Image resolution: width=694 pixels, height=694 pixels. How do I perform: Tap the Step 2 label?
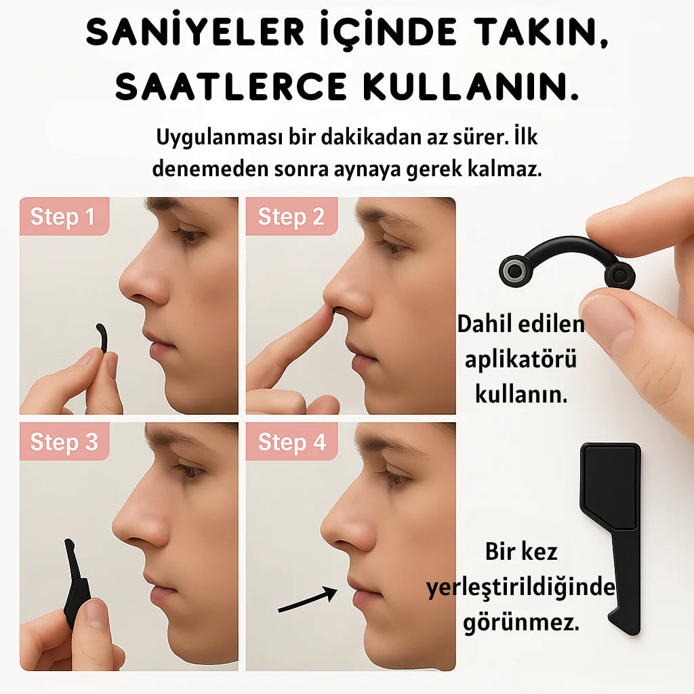[x=291, y=216]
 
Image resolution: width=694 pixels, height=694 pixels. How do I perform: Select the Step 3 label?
[x=64, y=442]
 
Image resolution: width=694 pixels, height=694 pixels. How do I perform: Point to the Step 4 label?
[x=292, y=442]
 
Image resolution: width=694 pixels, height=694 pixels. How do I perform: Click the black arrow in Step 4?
[x=308, y=600]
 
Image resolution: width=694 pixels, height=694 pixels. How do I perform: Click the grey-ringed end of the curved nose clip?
[x=514, y=270]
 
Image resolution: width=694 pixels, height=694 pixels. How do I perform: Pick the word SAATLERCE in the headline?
[x=231, y=87]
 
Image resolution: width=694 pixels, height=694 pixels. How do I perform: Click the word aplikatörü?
[x=520, y=359]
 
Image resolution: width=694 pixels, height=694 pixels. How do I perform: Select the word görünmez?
[x=521, y=622]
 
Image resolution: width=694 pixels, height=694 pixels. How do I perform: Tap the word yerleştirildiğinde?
[x=521, y=588]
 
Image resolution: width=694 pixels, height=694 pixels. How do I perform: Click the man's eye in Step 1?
[x=189, y=234]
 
